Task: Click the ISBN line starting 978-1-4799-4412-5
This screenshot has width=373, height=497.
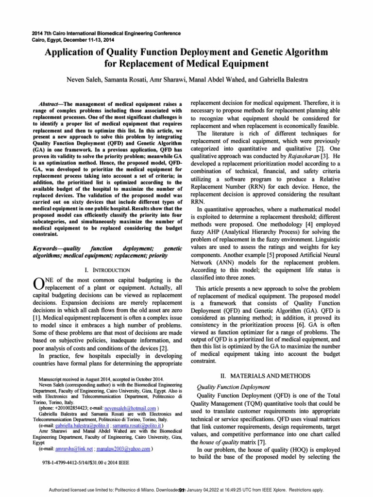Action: point(86,463)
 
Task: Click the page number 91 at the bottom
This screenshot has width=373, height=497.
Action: point(182,490)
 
